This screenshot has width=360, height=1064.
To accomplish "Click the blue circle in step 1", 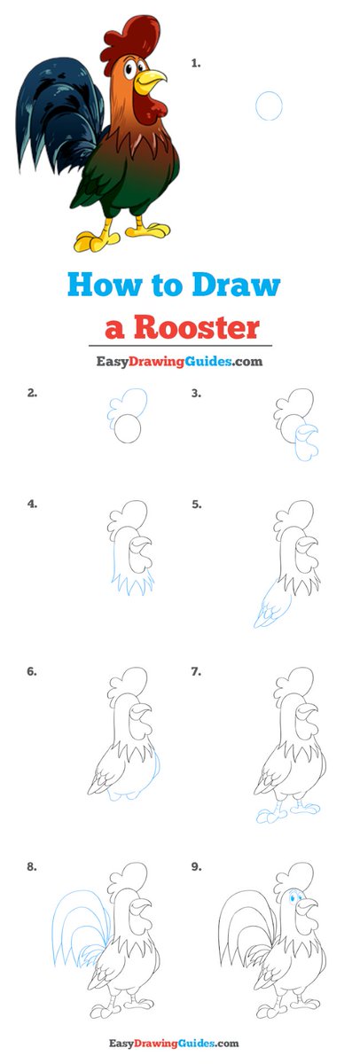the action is pyautogui.click(x=269, y=106).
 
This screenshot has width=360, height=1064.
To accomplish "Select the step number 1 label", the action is pyautogui.click(x=196, y=63).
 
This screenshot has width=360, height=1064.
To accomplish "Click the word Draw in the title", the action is pyautogui.click(x=236, y=285).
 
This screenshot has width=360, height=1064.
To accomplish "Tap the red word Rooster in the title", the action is pyautogui.click(x=197, y=327).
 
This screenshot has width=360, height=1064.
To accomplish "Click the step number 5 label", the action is pyautogui.click(x=197, y=504).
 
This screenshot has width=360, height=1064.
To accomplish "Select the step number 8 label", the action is pyautogui.click(x=31, y=867).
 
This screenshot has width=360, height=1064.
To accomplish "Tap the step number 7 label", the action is pyautogui.click(x=196, y=672).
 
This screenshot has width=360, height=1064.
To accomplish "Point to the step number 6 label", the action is pyautogui.click(x=31, y=672).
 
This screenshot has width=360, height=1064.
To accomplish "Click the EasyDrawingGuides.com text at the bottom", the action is pyautogui.click(x=174, y=1044).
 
